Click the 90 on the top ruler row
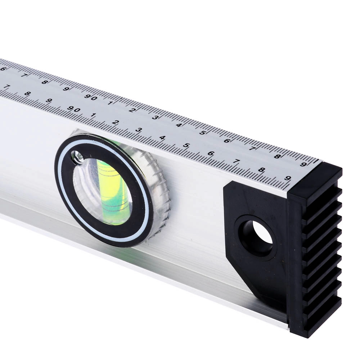[90, 97]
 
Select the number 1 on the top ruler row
[110, 103]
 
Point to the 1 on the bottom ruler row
[93, 115]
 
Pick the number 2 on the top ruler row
[131, 110]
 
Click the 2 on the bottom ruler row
[115, 122]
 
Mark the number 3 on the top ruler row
[156, 118]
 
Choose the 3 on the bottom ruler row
[139, 130]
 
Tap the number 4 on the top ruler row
[179, 125]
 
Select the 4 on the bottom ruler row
[162, 138]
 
